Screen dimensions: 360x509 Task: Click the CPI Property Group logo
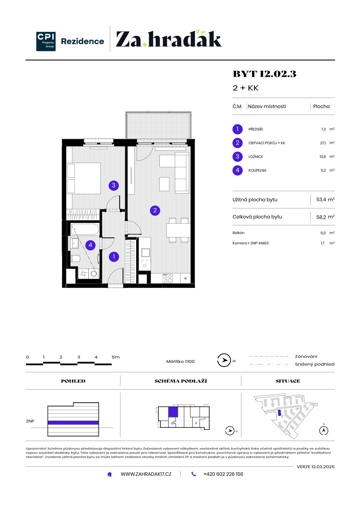(x=46, y=41)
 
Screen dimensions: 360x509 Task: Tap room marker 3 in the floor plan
(x=114, y=185)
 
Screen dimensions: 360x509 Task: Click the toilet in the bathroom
(x=75, y=258)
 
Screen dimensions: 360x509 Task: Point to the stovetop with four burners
(x=168, y=278)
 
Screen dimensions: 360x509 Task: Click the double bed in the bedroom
(x=83, y=178)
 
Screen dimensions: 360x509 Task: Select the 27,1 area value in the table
(x=323, y=143)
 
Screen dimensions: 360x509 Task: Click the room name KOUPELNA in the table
(x=257, y=171)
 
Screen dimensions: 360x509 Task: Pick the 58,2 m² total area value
(x=325, y=217)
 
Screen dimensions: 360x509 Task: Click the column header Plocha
(x=321, y=106)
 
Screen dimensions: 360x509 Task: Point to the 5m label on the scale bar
(x=116, y=357)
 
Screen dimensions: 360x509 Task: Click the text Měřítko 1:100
(x=180, y=361)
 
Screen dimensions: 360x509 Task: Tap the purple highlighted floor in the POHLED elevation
(x=73, y=423)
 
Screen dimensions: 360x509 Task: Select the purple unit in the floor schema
(x=173, y=412)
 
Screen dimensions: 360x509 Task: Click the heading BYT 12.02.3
(x=264, y=74)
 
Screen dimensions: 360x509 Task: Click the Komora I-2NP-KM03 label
(x=250, y=243)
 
